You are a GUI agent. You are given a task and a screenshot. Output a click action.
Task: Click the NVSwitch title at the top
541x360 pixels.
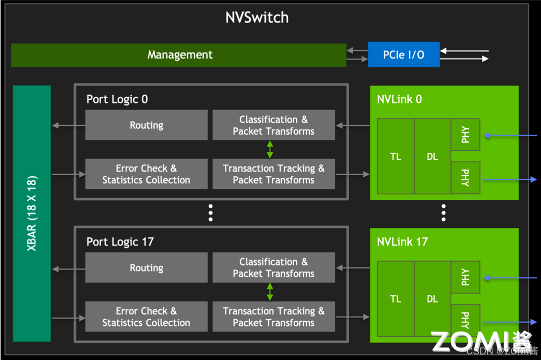(x=257, y=18)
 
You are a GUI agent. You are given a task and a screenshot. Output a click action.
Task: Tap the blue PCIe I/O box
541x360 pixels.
(x=404, y=55)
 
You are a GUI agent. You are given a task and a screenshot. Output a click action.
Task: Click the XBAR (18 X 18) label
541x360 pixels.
(x=32, y=213)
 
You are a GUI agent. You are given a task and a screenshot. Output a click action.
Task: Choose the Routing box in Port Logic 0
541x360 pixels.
(x=146, y=125)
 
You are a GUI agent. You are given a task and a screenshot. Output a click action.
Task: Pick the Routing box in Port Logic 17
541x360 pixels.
(x=146, y=268)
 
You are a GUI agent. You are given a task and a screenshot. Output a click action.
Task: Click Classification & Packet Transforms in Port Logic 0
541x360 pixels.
(x=274, y=125)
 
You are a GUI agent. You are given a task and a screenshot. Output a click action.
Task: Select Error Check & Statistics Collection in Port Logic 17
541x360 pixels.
(x=146, y=317)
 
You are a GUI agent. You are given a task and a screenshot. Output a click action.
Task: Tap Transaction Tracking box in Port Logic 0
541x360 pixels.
(x=274, y=174)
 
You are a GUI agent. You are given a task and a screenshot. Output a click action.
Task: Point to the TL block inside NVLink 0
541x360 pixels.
(x=396, y=157)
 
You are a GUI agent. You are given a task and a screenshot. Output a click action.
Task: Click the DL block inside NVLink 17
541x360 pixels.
(x=432, y=299)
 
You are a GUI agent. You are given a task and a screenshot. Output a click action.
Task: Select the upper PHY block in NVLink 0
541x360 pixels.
(x=465, y=135)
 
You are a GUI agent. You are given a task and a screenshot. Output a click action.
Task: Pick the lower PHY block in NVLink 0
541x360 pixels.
(x=465, y=178)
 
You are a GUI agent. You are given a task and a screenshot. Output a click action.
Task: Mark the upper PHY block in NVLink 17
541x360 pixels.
(x=465, y=277)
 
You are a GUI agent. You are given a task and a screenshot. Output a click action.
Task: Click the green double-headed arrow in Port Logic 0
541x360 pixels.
(x=270, y=150)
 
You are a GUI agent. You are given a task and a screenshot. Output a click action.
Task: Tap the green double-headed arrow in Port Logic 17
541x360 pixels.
(x=270, y=292)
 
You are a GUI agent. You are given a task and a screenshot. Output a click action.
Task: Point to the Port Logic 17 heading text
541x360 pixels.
(x=120, y=242)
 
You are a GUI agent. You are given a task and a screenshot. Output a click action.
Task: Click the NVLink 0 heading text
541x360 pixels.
(x=399, y=99)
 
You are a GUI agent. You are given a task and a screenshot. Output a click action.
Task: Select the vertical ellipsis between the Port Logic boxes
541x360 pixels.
(x=210, y=213)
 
